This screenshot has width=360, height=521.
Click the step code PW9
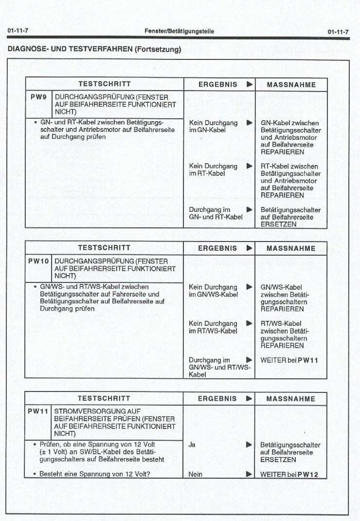38,97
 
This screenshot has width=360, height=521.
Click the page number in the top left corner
17,32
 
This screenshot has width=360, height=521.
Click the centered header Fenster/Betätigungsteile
179,32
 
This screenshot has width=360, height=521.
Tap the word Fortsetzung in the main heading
157,49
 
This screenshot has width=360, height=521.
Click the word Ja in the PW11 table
192,445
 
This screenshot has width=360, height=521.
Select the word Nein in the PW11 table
196,474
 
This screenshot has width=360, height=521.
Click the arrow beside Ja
249,445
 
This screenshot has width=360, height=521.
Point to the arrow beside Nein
249,474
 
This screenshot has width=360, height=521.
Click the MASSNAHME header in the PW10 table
291,248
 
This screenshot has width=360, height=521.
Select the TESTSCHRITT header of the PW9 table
104,84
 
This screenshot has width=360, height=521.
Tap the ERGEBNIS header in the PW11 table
217,399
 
